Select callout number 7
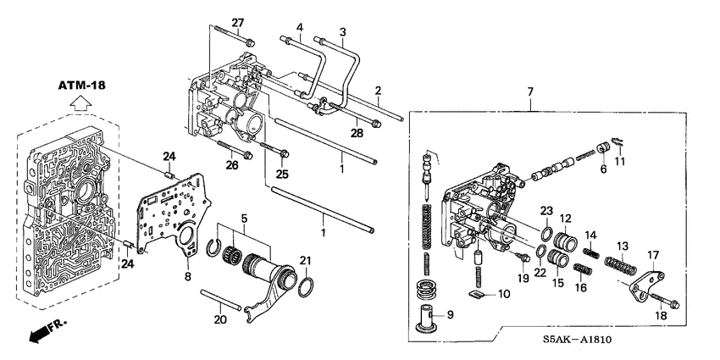(x=530, y=91)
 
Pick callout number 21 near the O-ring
(x=307, y=260)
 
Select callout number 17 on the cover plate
(x=653, y=255)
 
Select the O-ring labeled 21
(x=307, y=282)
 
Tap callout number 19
(x=523, y=278)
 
